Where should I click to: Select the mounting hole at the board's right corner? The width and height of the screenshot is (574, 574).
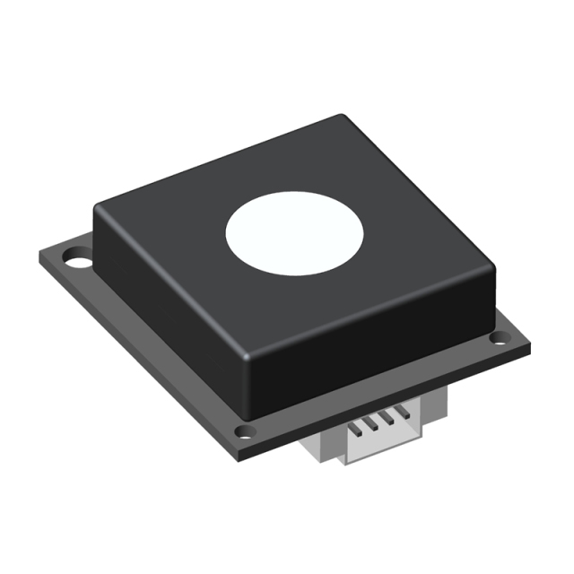(x=499, y=338)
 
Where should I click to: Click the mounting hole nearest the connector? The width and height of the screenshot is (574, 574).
(x=246, y=434)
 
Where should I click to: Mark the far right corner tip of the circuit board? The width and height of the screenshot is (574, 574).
(x=528, y=345)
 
